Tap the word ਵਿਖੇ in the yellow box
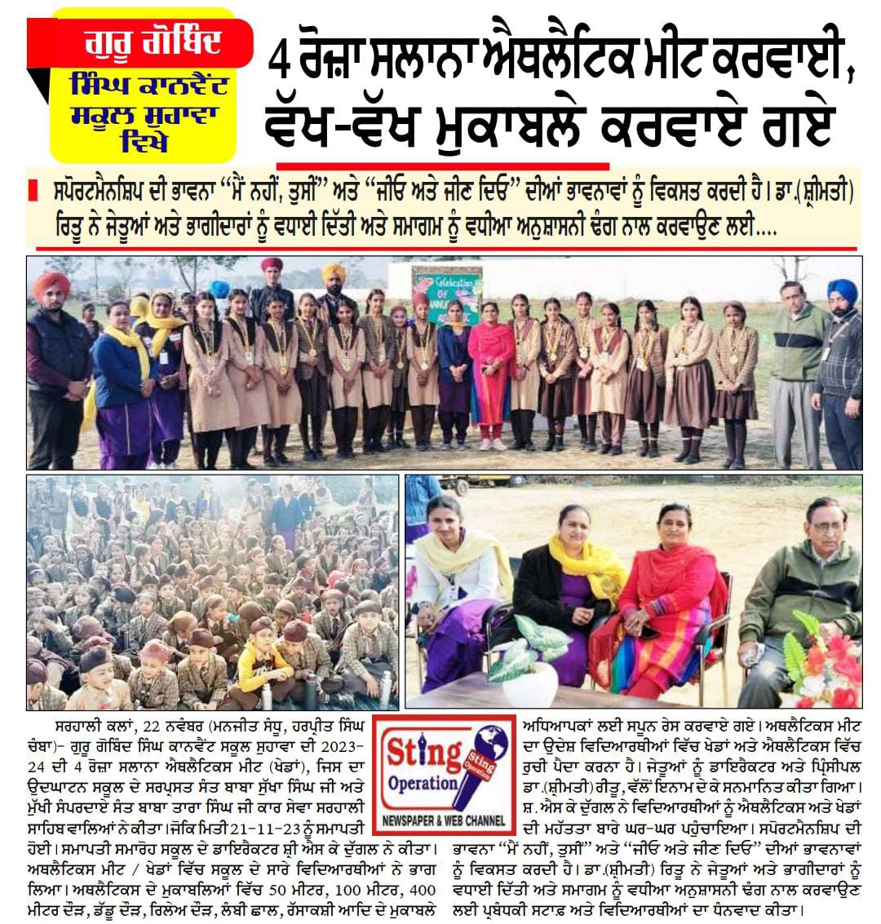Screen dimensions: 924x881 (x=143, y=140)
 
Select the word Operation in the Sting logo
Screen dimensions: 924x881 (x=422, y=783)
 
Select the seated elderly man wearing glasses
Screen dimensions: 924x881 (x=808, y=587)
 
